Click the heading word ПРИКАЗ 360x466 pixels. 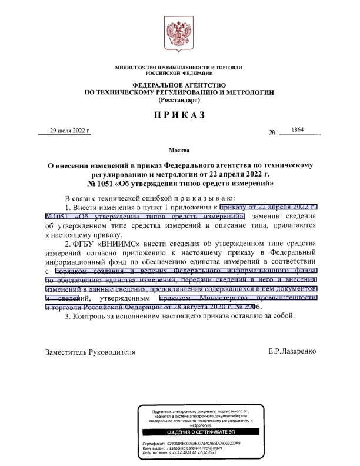[x=179, y=115]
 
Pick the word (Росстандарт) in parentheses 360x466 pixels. [x=179, y=101]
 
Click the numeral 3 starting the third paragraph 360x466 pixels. [x=67, y=317]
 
